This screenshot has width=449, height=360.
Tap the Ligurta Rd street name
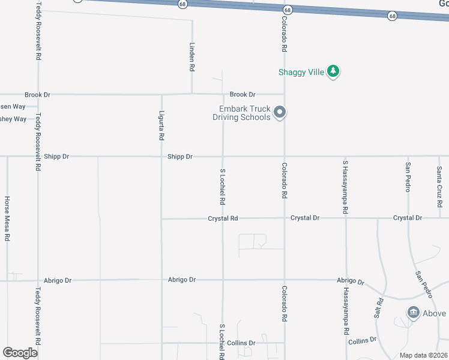(161, 125)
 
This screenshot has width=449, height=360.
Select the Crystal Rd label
(223, 218)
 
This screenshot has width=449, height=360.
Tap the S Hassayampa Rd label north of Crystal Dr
(345, 188)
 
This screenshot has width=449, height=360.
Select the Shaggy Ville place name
(301, 72)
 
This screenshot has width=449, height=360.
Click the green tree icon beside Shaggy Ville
(333, 72)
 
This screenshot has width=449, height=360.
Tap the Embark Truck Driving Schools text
(244, 113)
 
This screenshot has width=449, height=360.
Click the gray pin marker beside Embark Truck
(279, 112)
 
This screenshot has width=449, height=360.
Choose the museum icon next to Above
(413, 313)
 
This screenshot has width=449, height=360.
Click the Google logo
(20, 353)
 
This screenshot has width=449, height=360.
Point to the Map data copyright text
(424, 355)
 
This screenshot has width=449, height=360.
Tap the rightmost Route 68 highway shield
(392, 16)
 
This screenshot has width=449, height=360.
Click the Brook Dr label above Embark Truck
(243, 95)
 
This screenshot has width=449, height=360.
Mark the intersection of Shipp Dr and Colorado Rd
(284, 157)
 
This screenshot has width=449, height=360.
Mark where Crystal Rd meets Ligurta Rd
(161, 218)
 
